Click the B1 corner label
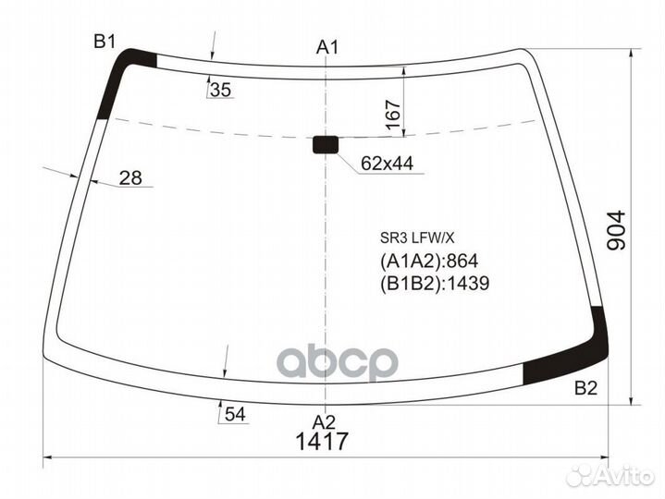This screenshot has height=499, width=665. coord(105,42)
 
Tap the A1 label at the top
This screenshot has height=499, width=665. coord(327,47)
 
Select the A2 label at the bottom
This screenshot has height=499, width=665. coord(324,422)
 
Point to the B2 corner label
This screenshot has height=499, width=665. coord(585,388)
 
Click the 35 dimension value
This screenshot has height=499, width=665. coord(220,90)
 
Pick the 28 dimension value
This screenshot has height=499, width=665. coord(130,178)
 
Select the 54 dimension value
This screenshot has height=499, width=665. coord(235,414)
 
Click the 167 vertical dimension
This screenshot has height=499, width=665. coord(394,115)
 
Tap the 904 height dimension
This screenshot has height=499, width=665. coord(616,230)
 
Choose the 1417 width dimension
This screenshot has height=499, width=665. coord(322,442)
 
